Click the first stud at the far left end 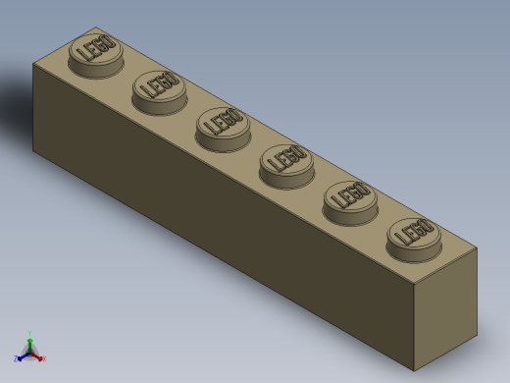tap(96, 51)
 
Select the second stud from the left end tap(160, 87)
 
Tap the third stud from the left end tap(224, 125)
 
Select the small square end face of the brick tap(445, 309)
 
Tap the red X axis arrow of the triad tap(41, 358)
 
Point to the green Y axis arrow tap(29, 337)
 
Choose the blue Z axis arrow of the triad tap(19, 358)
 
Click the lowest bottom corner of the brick tap(414, 370)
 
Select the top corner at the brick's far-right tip tap(477, 247)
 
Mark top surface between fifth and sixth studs tap(382, 218)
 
